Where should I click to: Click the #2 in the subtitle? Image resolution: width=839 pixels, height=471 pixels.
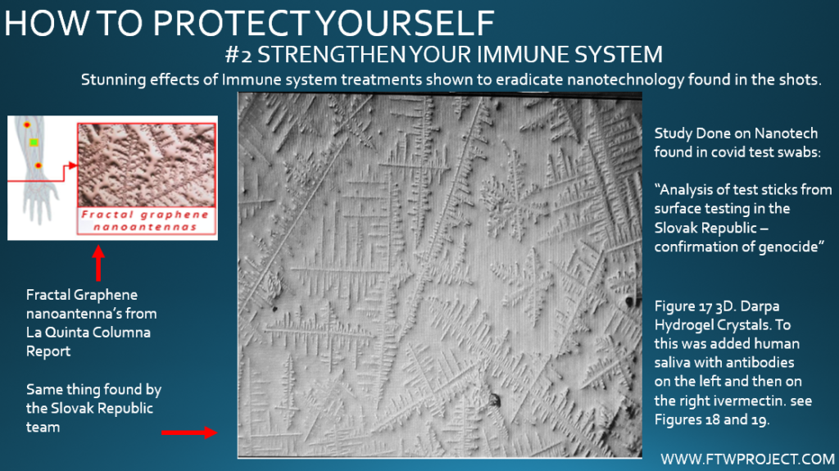pyautogui.click(x=238, y=55)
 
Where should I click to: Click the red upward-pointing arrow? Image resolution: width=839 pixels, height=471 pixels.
pyautogui.click(x=98, y=263)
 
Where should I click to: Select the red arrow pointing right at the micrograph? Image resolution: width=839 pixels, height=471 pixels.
pyautogui.click(x=189, y=433)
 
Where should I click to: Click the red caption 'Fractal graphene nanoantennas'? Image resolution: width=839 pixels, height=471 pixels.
pyautogui.click(x=146, y=220)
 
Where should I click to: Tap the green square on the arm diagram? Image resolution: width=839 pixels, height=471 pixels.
pyautogui.click(x=34, y=143)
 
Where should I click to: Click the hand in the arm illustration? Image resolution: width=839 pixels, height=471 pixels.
pyautogui.click(x=41, y=202)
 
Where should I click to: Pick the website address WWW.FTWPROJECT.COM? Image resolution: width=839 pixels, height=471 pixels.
pyautogui.click(x=747, y=459)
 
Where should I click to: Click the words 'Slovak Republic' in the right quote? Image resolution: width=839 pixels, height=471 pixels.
pyautogui.click(x=705, y=228)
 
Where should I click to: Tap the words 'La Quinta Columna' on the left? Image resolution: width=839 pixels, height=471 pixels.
pyautogui.click(x=88, y=333)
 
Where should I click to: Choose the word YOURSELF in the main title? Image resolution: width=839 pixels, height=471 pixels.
pyautogui.click(x=405, y=23)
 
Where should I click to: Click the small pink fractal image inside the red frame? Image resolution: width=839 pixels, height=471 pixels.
pyautogui.click(x=147, y=165)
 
